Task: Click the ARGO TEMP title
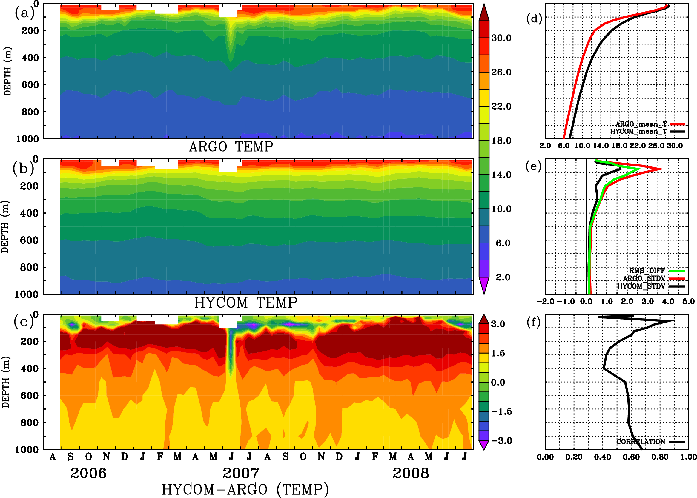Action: click(231, 147)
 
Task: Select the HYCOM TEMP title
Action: click(245, 303)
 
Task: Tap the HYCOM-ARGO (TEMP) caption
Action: click(245, 489)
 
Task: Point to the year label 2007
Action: click(241, 473)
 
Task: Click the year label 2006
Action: click(88, 473)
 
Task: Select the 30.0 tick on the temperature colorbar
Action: click(501, 38)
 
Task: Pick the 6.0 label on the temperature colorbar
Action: click(503, 243)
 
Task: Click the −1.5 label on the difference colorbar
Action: click(501, 411)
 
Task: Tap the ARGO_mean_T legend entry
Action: click(641, 124)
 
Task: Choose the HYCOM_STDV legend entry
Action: click(641, 286)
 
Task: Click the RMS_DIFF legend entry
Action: click(647, 271)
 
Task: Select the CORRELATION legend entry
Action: click(641, 442)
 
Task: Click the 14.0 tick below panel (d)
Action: click(600, 146)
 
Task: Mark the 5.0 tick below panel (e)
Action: click(688, 301)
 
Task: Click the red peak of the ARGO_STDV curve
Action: click(663, 169)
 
